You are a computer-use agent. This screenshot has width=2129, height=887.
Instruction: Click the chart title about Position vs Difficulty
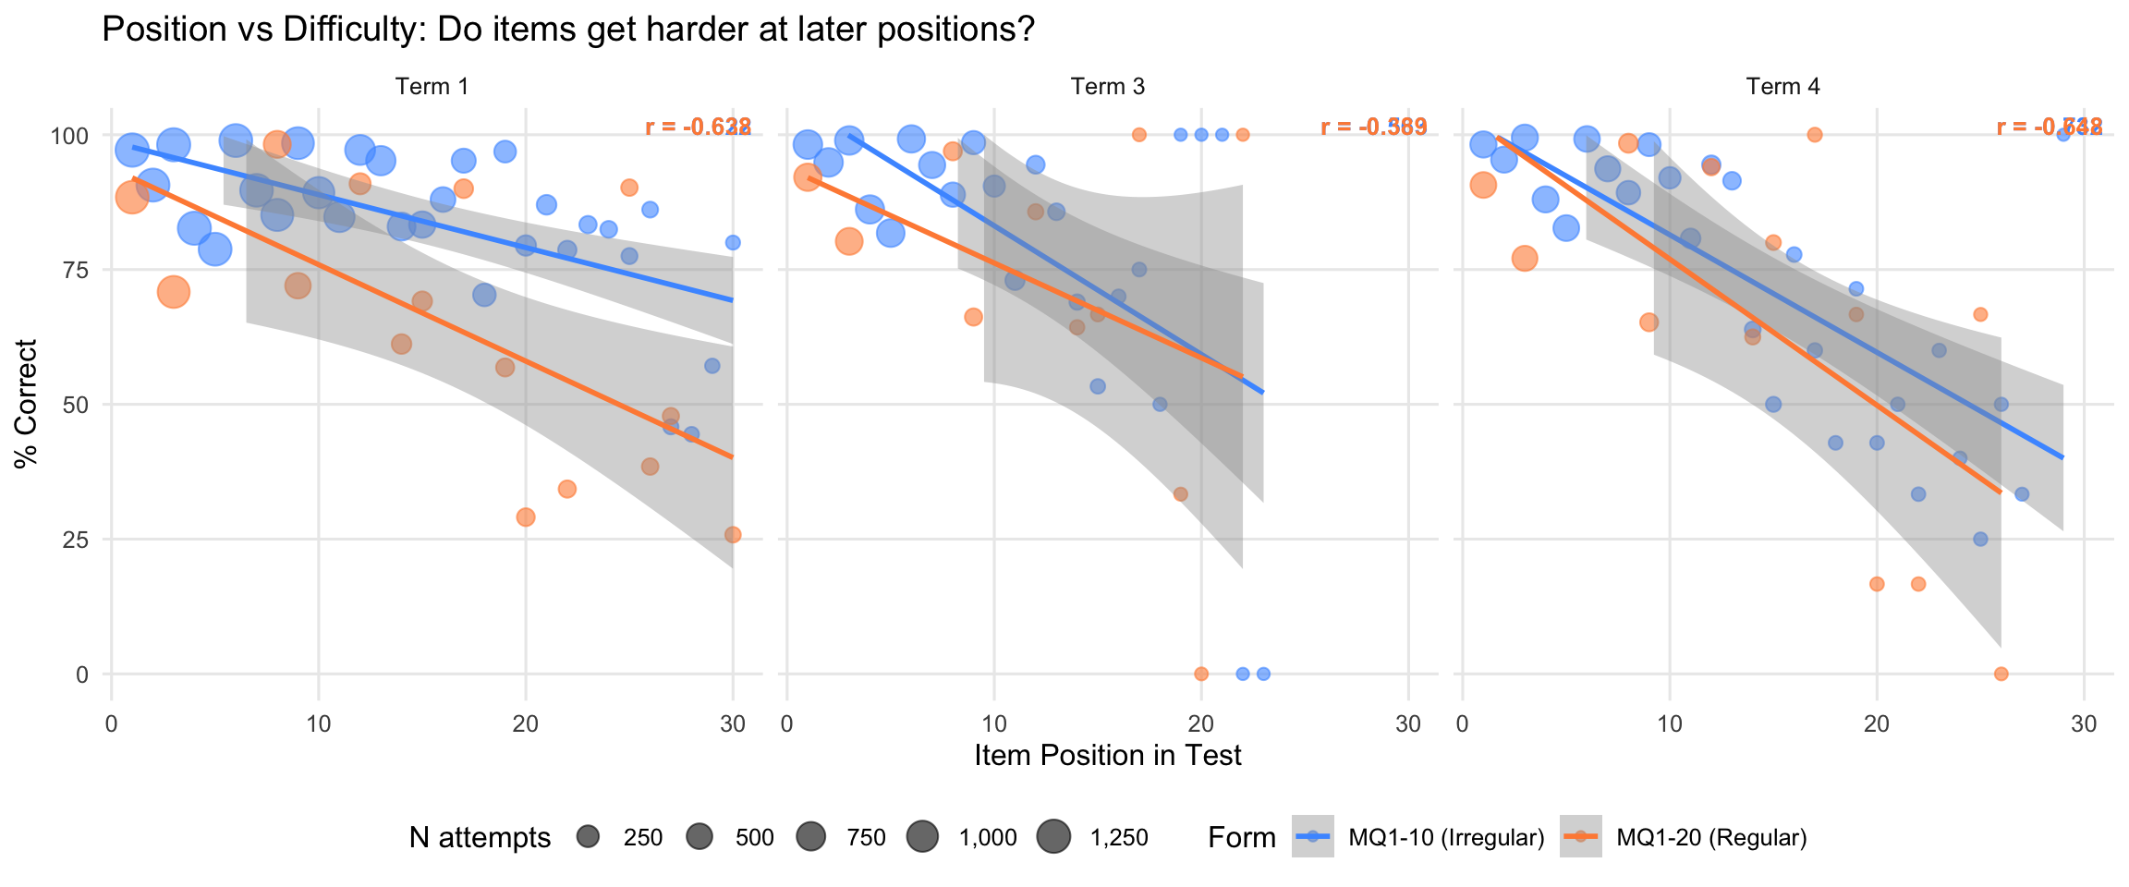567,30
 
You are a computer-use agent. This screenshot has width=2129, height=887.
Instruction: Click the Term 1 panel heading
432,87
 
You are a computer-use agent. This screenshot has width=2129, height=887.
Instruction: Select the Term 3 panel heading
1107,87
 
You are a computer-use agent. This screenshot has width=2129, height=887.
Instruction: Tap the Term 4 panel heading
1782,87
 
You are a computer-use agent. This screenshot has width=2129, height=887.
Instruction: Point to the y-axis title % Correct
27,404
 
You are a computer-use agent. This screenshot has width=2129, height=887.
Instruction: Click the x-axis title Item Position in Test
1107,756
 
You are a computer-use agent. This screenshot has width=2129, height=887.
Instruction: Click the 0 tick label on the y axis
82,674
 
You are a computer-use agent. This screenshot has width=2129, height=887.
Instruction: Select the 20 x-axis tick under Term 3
1200,724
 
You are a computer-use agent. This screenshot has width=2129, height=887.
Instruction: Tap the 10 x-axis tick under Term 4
1669,724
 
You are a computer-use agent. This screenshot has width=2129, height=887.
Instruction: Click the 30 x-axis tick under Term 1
733,724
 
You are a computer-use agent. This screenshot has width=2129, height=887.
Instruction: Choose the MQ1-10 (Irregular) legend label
1446,838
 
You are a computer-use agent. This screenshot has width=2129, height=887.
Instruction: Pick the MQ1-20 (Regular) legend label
1711,838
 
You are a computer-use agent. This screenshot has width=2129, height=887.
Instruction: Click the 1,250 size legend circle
1053,837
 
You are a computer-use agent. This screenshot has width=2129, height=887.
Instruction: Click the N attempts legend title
480,838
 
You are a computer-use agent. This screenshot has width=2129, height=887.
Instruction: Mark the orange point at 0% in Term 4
2001,674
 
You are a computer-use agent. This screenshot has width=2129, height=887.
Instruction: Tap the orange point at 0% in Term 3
1200,674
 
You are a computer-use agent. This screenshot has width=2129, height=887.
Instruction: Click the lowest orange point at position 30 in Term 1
733,535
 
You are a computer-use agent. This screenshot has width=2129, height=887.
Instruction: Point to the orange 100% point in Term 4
1814,135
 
